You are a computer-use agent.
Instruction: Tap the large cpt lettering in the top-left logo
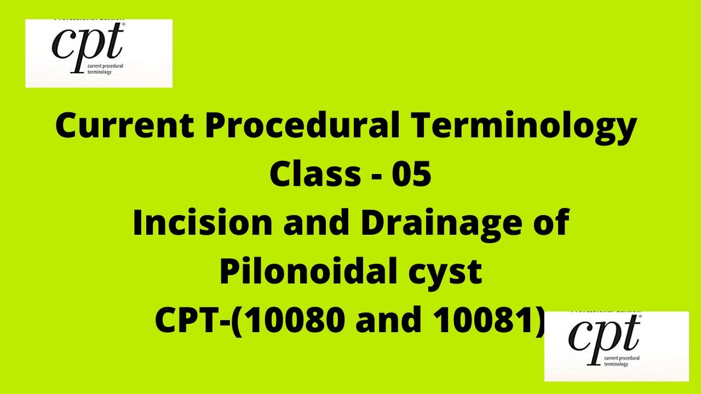88,44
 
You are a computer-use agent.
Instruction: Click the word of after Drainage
551,224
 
